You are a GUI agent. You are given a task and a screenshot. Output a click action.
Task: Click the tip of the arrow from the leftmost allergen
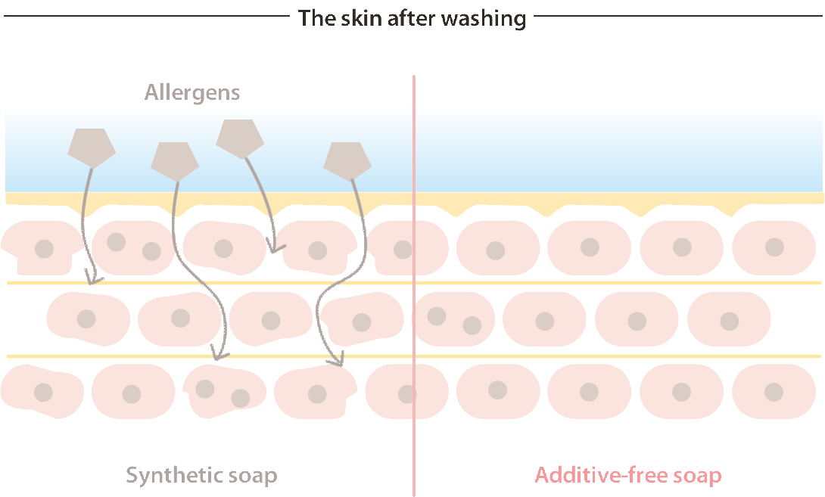click(x=91, y=284)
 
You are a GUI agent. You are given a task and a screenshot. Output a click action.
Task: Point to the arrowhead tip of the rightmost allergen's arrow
click(x=341, y=365)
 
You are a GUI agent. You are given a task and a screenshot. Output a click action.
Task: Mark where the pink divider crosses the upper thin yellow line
click(x=414, y=283)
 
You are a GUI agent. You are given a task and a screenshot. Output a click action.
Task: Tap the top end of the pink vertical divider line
click(x=414, y=76)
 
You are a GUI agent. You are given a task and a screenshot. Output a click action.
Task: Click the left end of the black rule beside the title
click(x=5, y=16)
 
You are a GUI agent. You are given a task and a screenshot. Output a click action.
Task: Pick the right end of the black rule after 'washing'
click(x=822, y=16)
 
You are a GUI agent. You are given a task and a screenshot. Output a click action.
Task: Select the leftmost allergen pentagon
click(x=92, y=148)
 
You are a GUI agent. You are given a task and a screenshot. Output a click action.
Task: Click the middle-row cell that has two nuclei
click(x=455, y=318)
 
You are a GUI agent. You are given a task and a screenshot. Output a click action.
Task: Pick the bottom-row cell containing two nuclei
click(x=224, y=391)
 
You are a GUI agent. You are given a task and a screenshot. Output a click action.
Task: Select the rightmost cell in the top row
click(x=774, y=247)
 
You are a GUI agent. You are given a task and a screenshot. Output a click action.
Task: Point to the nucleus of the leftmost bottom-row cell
click(x=43, y=393)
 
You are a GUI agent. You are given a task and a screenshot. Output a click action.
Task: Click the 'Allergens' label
click(x=192, y=92)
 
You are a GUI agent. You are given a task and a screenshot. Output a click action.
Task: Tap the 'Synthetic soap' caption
click(x=201, y=475)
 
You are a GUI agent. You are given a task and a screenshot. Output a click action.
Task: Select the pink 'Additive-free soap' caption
click(x=628, y=475)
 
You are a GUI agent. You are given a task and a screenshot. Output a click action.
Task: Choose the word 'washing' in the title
click(x=484, y=18)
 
